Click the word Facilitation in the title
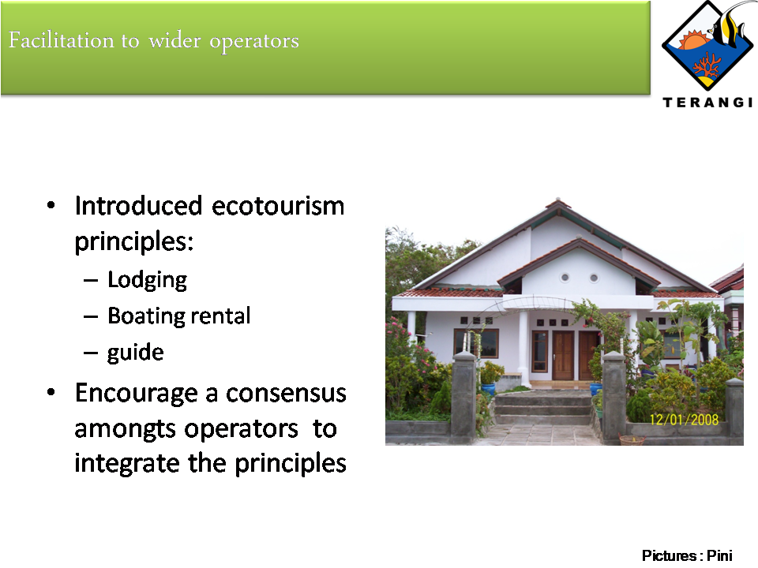pyautogui.click(x=62, y=40)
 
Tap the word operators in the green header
pyautogui.click(x=254, y=42)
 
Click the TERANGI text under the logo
pyautogui.click(x=707, y=103)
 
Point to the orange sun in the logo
pyautogui.click(x=693, y=39)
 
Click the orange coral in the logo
pyautogui.click(x=706, y=65)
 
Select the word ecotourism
pyautogui.click(x=278, y=206)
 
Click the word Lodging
pyautogui.click(x=147, y=281)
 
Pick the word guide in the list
pyautogui.click(x=135, y=353)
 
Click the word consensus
pyautogui.click(x=286, y=393)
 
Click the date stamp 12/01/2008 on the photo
pyautogui.click(x=684, y=419)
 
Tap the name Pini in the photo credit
pyautogui.click(x=719, y=555)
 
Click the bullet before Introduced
pyautogui.click(x=51, y=206)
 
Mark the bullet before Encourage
pyautogui.click(x=51, y=393)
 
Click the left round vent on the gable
pyautogui.click(x=565, y=278)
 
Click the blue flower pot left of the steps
pyautogui.click(x=488, y=389)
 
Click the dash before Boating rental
pyautogui.click(x=90, y=317)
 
